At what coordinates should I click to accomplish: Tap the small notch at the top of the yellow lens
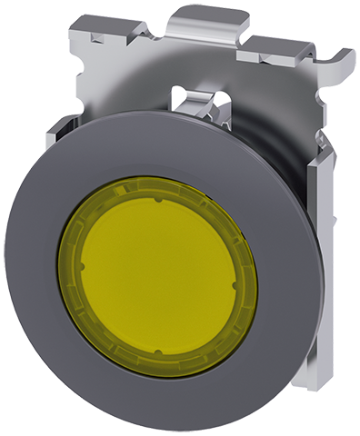coord(158,192)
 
